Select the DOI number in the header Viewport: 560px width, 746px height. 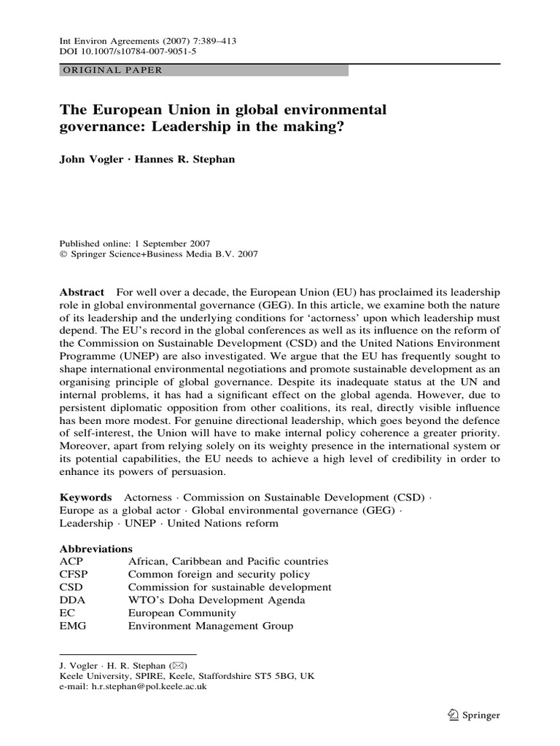118,52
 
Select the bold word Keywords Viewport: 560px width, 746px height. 85,496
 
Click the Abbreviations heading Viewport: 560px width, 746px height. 95,548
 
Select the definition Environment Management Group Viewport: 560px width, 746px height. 210,626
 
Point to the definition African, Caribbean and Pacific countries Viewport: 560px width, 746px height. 227,561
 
